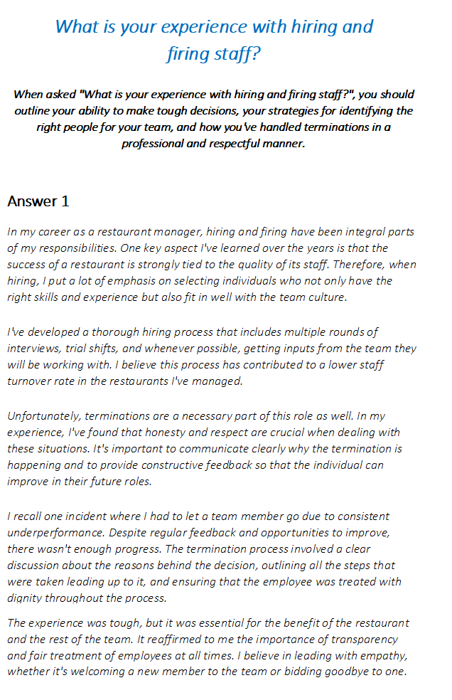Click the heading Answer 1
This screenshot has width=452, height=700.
tap(38, 201)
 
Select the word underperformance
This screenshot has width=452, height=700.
tap(55, 532)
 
